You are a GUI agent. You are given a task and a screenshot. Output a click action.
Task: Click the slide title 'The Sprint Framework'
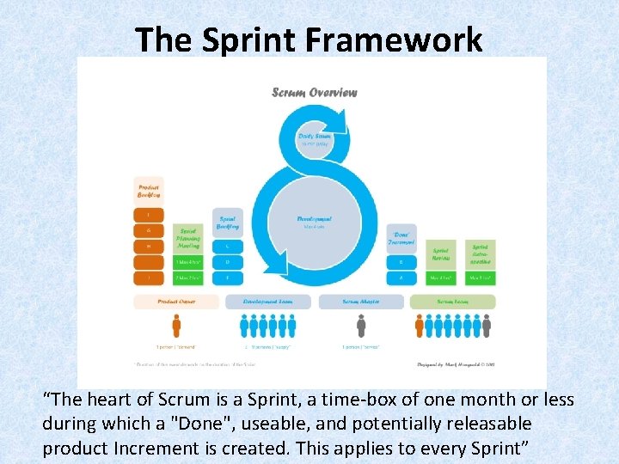click(x=309, y=39)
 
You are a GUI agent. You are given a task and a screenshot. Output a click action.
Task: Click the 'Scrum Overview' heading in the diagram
click(x=314, y=92)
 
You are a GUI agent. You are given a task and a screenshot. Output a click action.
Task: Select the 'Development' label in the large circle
click(x=314, y=219)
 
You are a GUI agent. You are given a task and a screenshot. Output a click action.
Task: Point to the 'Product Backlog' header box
click(x=149, y=190)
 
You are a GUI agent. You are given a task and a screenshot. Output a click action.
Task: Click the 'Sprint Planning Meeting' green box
click(x=187, y=239)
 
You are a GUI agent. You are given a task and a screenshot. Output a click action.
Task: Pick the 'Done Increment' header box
click(x=401, y=236)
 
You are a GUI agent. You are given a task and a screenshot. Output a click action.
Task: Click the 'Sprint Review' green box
click(x=441, y=252)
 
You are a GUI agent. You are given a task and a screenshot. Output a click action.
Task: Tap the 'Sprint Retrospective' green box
click(x=480, y=252)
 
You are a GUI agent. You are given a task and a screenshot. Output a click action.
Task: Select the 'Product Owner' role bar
click(x=176, y=302)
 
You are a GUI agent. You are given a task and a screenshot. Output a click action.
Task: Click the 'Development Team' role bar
click(x=268, y=302)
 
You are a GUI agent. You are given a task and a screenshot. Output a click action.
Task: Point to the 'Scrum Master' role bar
click(x=361, y=302)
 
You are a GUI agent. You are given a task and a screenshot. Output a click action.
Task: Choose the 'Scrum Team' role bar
click(x=453, y=302)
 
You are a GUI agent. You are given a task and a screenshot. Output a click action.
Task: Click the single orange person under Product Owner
click(x=176, y=326)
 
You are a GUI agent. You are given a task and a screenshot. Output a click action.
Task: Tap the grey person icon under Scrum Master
click(x=361, y=326)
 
